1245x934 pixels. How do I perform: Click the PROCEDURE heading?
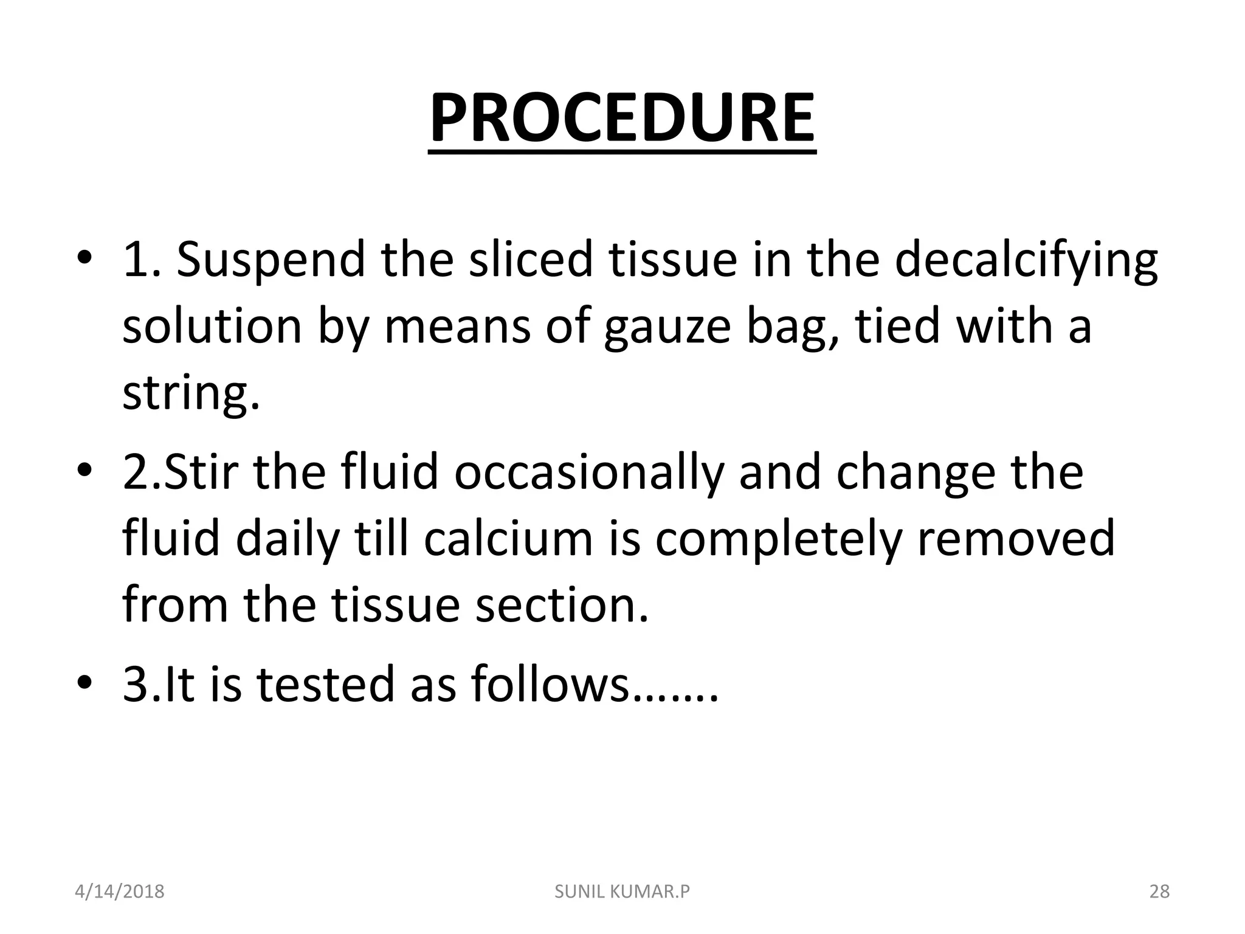[622, 118]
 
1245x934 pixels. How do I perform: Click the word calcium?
[508, 539]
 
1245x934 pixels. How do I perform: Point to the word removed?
[1016, 539]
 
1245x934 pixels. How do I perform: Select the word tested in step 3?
[325, 685]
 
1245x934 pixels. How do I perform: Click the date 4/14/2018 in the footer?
[119, 891]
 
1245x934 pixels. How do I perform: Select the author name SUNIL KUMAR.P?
[622, 891]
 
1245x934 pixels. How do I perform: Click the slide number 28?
[1159, 891]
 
